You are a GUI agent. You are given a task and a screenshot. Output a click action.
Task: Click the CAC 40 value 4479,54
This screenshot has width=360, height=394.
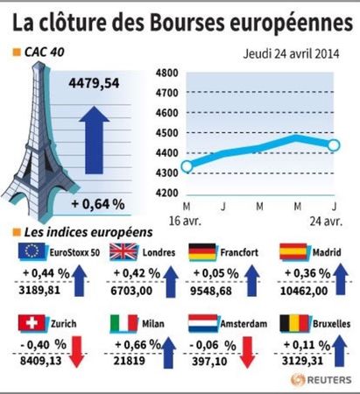click(x=94, y=83)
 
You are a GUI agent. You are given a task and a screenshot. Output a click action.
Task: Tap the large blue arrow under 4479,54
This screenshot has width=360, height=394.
click(x=94, y=140)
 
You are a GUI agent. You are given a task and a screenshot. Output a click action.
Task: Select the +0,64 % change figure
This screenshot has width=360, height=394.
click(x=98, y=204)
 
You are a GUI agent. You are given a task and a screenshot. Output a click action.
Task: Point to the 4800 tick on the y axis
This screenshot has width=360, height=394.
click(x=166, y=73)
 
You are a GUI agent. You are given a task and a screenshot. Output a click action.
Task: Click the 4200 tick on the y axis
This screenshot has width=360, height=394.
click(x=166, y=193)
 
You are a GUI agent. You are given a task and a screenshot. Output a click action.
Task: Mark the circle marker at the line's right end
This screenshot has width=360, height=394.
click(x=334, y=145)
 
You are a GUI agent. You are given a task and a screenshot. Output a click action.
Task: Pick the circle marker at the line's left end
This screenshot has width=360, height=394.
click(x=187, y=166)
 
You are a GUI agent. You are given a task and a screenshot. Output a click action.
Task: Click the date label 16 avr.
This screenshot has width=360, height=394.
click(x=185, y=222)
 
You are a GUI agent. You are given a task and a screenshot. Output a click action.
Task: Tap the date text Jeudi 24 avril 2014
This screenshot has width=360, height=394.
click(x=291, y=54)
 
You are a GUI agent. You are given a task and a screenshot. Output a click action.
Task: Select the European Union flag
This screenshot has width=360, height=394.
click(x=32, y=251)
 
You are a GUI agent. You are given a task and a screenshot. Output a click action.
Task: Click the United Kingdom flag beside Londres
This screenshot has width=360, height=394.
click(x=124, y=251)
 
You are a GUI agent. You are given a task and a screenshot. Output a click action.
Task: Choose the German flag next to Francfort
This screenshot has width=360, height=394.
click(x=202, y=252)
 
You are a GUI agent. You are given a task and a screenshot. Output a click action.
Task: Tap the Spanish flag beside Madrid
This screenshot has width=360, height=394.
click(x=293, y=251)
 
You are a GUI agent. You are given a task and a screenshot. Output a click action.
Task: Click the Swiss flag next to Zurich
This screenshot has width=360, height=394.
click(x=32, y=322)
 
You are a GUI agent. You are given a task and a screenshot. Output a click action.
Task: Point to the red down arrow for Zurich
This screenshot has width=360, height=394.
click(x=77, y=352)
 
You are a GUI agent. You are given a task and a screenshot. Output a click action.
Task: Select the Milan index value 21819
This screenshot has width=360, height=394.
click(x=130, y=361)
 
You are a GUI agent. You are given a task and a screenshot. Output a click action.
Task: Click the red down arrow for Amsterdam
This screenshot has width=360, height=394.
click(x=247, y=352)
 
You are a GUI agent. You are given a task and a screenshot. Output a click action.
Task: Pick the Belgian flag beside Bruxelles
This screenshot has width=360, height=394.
click(x=294, y=323)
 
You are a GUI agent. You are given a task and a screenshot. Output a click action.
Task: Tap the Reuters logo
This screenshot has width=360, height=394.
click(x=321, y=380)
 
